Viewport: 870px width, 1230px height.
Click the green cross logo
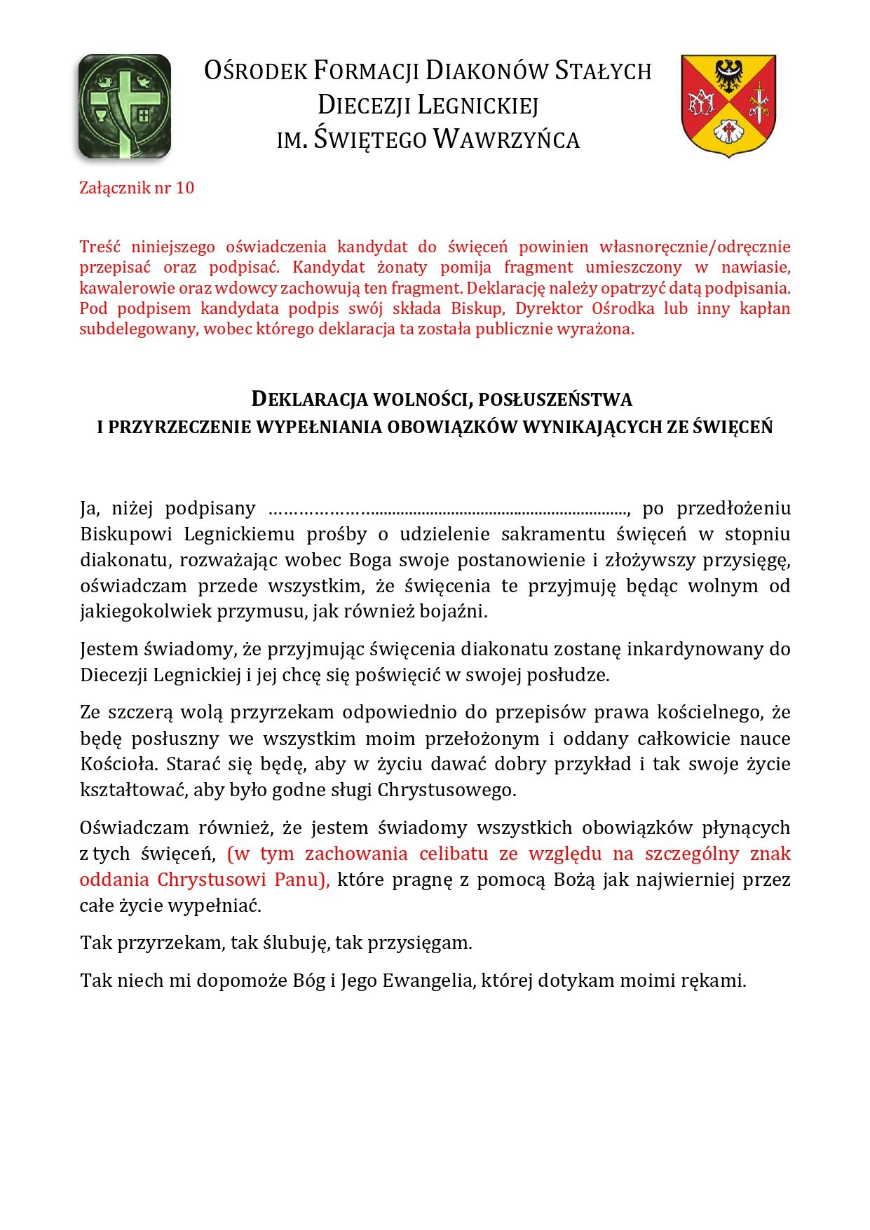pos(124,105)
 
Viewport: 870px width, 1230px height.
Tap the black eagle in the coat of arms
pos(728,76)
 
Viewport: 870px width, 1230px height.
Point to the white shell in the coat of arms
pos(728,131)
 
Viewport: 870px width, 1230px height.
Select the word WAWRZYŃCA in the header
pos(506,139)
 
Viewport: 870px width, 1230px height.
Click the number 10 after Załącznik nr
pos(185,188)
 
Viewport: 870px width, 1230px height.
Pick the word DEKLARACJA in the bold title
pos(310,399)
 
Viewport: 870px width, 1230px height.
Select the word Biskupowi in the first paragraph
pos(126,534)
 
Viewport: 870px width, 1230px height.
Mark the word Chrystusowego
pos(447,791)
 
